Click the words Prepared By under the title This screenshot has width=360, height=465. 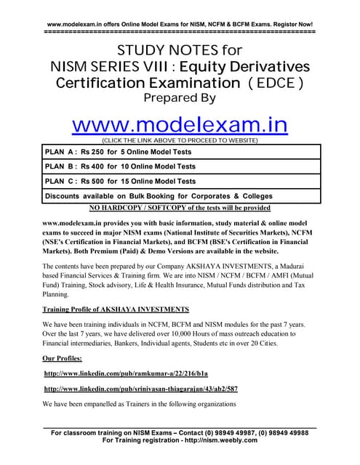pos(180,97)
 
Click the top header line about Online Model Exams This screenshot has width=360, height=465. pos(180,25)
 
